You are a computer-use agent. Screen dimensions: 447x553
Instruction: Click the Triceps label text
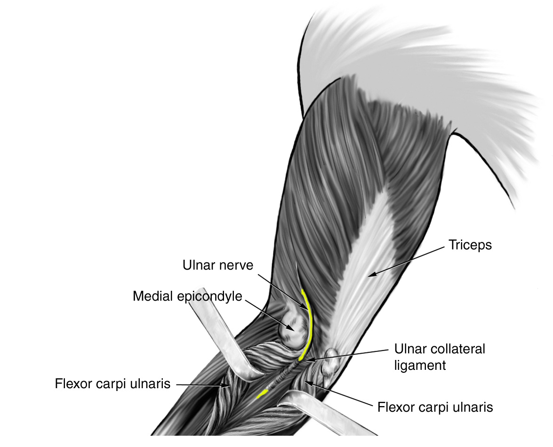[x=470, y=245]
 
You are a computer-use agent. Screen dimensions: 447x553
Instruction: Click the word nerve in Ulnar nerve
[x=235, y=265]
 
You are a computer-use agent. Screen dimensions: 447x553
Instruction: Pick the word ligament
[x=420, y=365]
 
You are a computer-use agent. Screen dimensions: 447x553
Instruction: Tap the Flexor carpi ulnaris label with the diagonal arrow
[x=435, y=407]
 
